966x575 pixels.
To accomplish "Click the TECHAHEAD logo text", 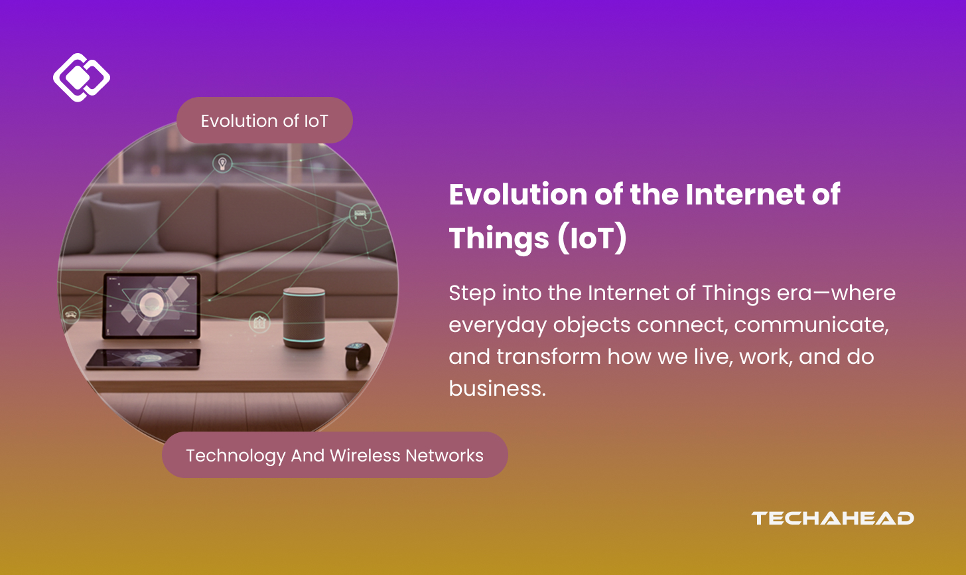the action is [x=832, y=518].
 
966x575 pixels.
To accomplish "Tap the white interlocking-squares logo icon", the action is [x=82, y=78].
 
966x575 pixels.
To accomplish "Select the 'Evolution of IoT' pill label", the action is [x=264, y=120].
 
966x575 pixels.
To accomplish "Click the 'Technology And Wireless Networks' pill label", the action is [x=334, y=455].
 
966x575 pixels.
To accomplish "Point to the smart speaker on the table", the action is [x=304, y=318].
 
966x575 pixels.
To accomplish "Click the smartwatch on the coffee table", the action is [x=358, y=355].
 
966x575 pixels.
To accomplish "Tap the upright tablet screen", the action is [x=151, y=305].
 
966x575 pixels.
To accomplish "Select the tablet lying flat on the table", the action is [x=144, y=359].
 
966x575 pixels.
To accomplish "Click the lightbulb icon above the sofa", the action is [x=222, y=163].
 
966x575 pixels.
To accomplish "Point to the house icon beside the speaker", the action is [x=259, y=323].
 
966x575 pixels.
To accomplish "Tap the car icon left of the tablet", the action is [x=71, y=314].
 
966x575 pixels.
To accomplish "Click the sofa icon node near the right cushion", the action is [x=360, y=214].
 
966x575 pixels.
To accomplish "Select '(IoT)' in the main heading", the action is [x=592, y=238].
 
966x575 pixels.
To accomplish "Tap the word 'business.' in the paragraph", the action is [x=497, y=388].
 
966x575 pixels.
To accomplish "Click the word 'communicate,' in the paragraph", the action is [x=811, y=325].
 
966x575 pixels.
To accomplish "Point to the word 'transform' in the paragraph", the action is [x=549, y=357].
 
